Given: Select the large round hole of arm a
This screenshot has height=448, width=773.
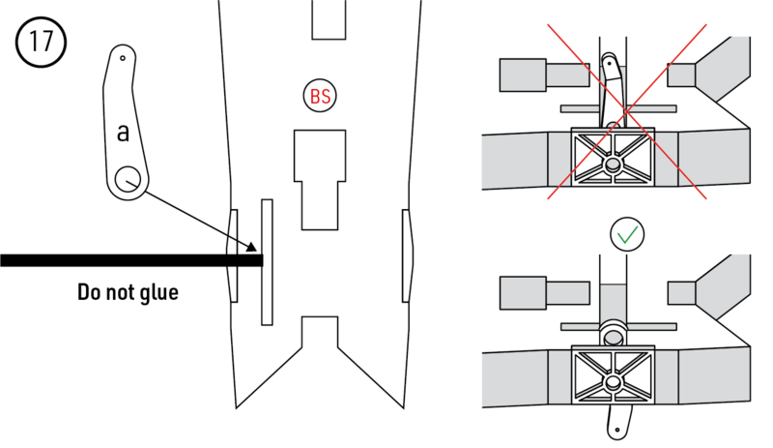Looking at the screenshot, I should click(128, 180).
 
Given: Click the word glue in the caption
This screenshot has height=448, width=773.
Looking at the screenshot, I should click(157, 291).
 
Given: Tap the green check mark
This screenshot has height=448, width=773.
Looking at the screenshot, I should click(626, 235).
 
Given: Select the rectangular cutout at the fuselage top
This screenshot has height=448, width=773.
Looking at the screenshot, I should click(329, 19).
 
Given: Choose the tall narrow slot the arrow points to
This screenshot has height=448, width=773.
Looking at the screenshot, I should click(267, 261).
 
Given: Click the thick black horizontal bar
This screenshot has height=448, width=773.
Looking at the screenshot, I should click(126, 260).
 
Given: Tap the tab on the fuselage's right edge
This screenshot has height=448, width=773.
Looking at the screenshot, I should click(406, 255).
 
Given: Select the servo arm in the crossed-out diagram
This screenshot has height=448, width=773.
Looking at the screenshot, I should click(611, 87).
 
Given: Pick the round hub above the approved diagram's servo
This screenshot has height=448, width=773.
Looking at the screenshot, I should click(614, 335).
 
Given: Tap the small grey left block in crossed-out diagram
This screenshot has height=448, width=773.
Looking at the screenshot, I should click(524, 75).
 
